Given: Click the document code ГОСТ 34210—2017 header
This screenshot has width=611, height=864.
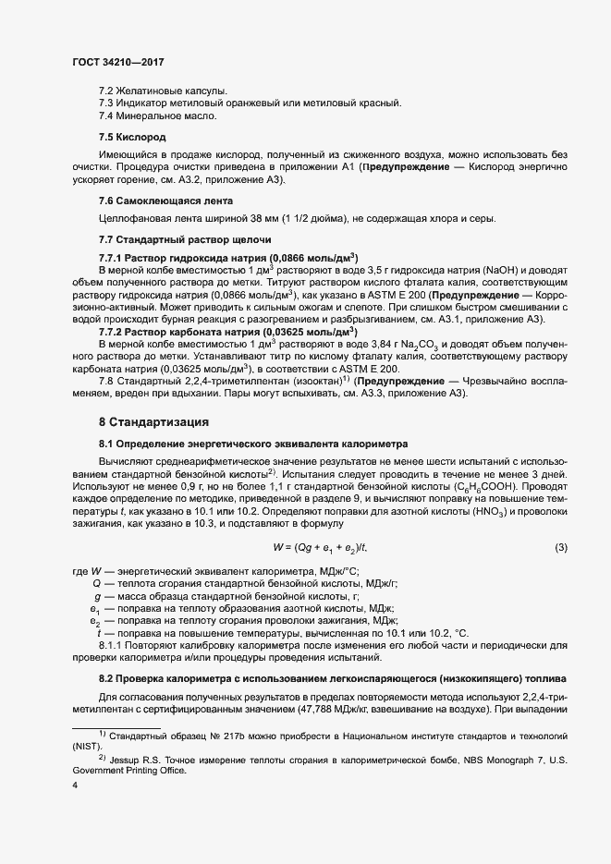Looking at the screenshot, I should point(118,62).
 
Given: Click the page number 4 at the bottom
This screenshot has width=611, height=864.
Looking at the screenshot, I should point(74,785).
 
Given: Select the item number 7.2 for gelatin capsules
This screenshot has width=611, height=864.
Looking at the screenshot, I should point(105,91).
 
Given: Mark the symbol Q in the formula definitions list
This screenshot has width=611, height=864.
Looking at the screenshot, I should point(96,585).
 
